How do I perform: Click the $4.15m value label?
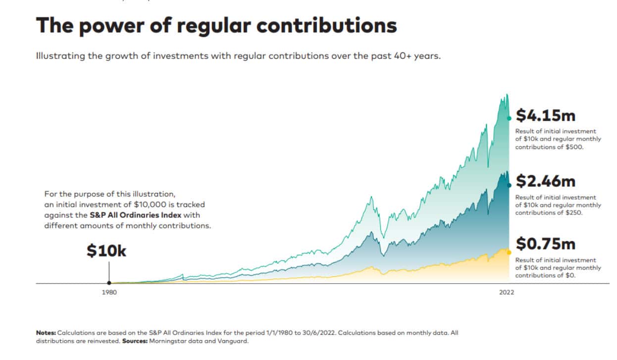click(x=545, y=115)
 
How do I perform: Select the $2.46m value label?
click(x=545, y=181)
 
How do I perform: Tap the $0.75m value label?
click(x=545, y=244)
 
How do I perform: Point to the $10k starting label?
click(x=106, y=251)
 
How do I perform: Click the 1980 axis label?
click(x=109, y=292)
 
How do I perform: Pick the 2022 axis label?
click(x=507, y=292)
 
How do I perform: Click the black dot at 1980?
click(x=109, y=283)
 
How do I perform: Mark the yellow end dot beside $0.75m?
click(x=509, y=252)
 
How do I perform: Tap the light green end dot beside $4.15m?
click(x=509, y=118)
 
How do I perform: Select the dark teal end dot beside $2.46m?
click(x=509, y=184)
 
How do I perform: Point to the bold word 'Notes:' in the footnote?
click(x=46, y=333)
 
